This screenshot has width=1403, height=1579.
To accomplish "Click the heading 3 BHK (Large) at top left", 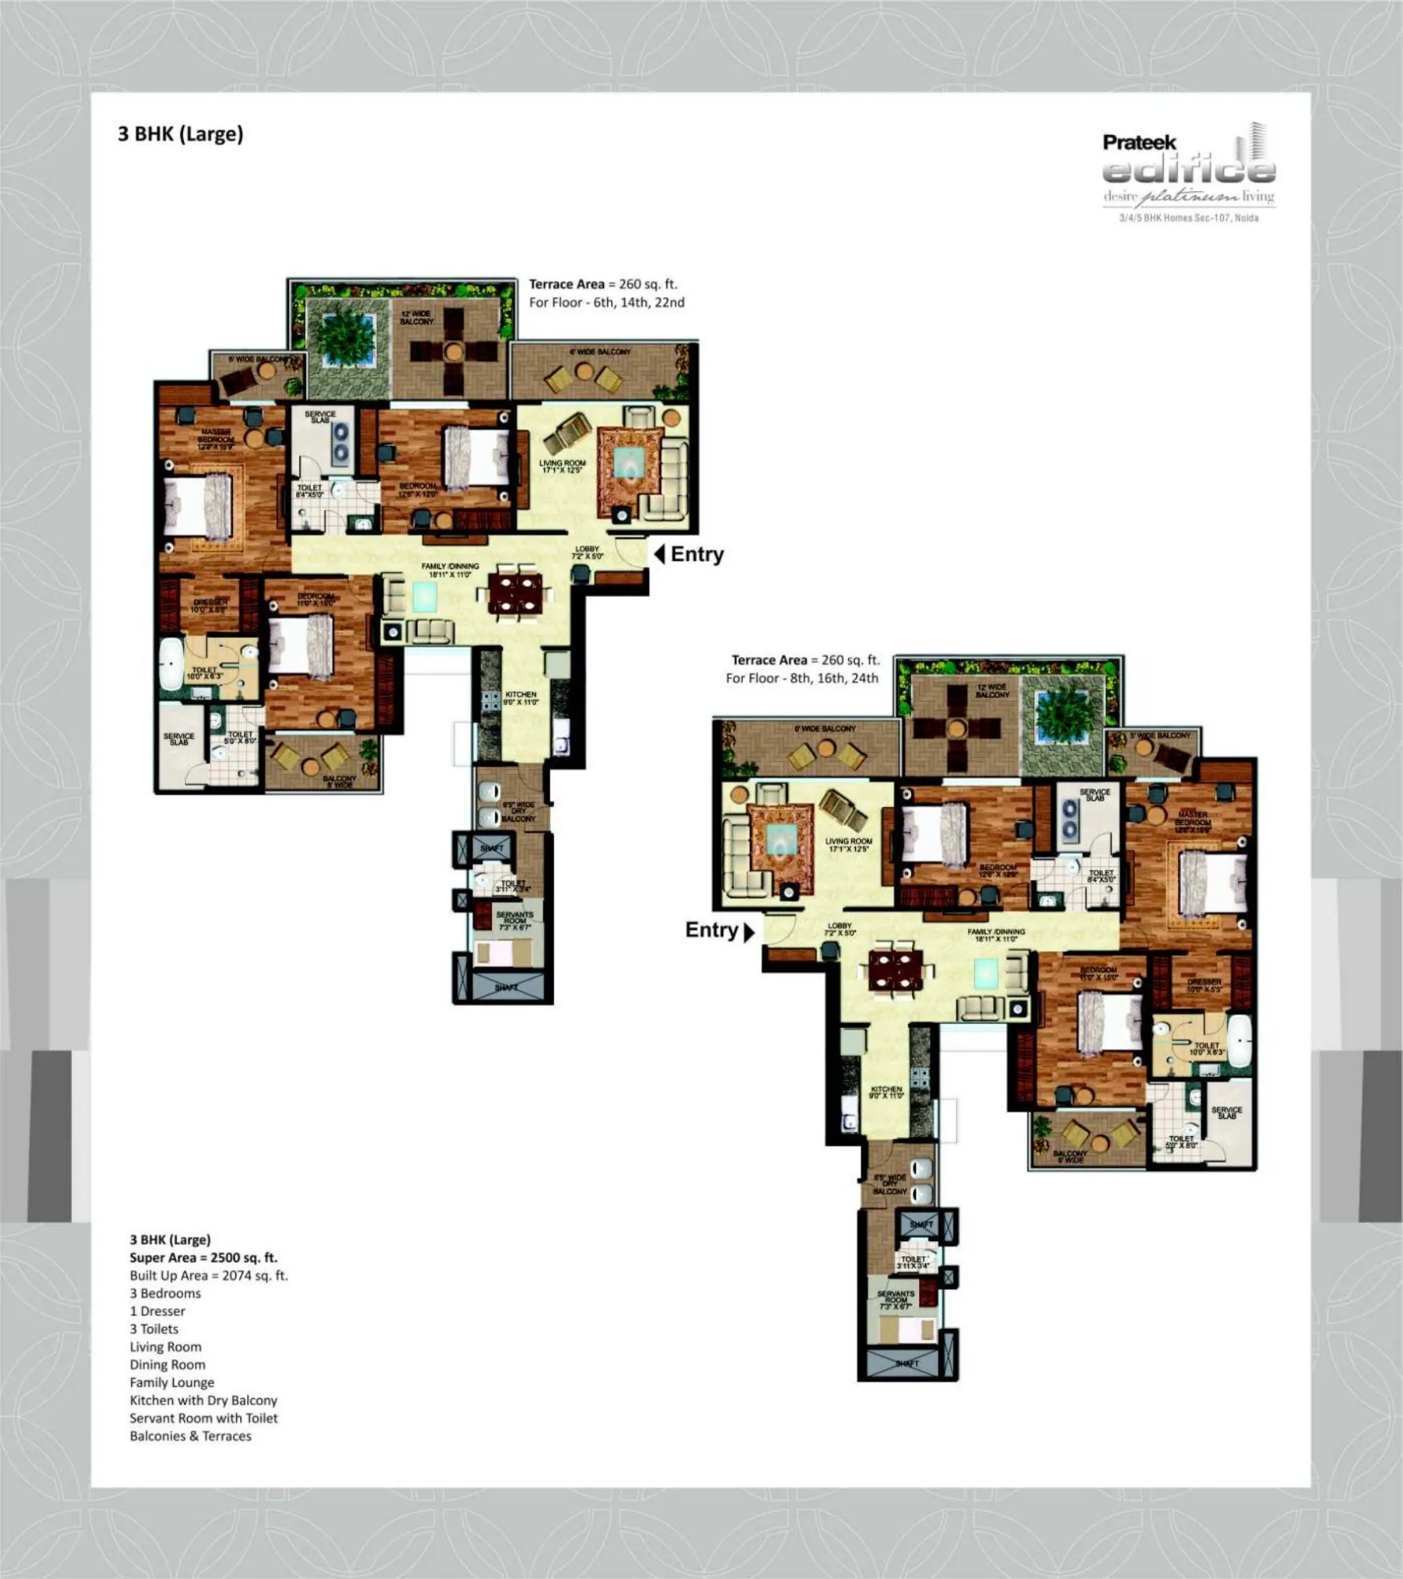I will click(180, 134).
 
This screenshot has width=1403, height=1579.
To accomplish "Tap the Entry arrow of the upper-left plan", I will click(660, 554).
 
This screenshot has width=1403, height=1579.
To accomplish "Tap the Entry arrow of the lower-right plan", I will click(749, 932).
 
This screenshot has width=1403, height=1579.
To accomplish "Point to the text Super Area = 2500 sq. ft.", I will click(204, 1258).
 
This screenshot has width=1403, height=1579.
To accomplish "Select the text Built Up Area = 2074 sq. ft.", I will click(208, 1276).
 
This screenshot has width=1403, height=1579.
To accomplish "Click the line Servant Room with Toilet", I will click(204, 1418).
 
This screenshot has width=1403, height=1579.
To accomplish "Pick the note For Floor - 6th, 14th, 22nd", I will click(606, 302).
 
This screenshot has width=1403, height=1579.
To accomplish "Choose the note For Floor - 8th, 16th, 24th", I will click(802, 678).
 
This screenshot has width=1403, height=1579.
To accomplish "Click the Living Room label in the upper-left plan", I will click(562, 467).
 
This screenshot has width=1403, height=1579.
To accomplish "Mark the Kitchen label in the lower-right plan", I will click(886, 1093).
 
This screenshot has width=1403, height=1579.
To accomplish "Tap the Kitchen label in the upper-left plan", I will click(520, 698).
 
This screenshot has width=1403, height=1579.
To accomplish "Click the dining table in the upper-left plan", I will click(516, 594).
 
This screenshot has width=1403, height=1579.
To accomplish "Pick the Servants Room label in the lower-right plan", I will click(896, 1300).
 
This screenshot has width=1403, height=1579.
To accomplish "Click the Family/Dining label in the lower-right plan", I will click(996, 936).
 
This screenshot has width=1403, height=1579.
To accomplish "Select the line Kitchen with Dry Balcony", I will click(204, 1400).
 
